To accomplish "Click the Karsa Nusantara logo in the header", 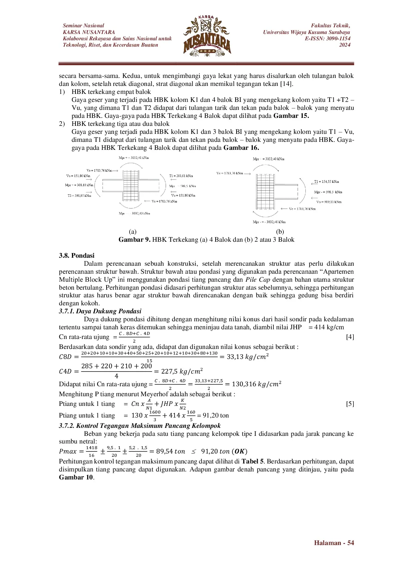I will (x=207, y=36).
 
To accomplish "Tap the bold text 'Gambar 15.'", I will (x=291, y=116).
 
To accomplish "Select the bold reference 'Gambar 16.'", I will (x=241, y=148).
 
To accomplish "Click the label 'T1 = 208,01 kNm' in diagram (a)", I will (x=181, y=176).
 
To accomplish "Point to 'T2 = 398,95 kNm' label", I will (x=79, y=196).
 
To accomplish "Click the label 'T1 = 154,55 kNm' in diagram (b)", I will (x=326, y=182).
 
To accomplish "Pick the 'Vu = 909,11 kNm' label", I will (x=329, y=202).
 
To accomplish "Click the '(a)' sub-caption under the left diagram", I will (x=133, y=232).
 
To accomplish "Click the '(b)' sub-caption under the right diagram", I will (x=280, y=232).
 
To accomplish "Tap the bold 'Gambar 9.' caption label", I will (x=135, y=240).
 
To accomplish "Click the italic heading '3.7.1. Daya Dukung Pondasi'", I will (x=100, y=311).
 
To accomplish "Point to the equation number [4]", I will (x=350, y=337).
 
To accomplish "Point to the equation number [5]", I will (x=350, y=404).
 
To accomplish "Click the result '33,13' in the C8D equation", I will (x=235, y=357).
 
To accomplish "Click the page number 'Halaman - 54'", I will (x=334, y=543).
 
